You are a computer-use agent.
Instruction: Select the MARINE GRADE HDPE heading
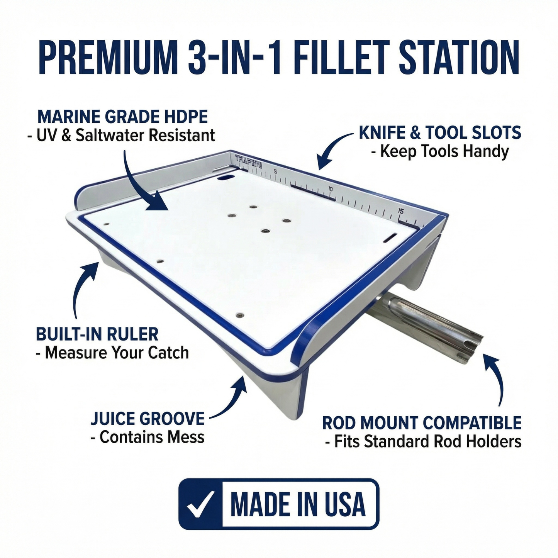pyautogui.click(x=122, y=117)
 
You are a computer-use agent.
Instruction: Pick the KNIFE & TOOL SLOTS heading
pyautogui.click(x=440, y=133)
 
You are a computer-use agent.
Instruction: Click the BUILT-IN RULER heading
pyautogui.click(x=97, y=334)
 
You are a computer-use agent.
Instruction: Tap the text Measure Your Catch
pyautogui.click(x=112, y=353)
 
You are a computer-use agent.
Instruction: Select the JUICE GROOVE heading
pyautogui.click(x=148, y=419)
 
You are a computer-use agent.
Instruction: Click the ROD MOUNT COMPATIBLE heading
pyautogui.click(x=422, y=423)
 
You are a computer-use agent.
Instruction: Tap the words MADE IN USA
pyautogui.click(x=298, y=504)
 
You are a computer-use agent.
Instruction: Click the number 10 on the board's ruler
pyautogui.click(x=330, y=189)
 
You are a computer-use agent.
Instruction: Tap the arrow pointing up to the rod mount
pyautogui.click(x=496, y=378)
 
